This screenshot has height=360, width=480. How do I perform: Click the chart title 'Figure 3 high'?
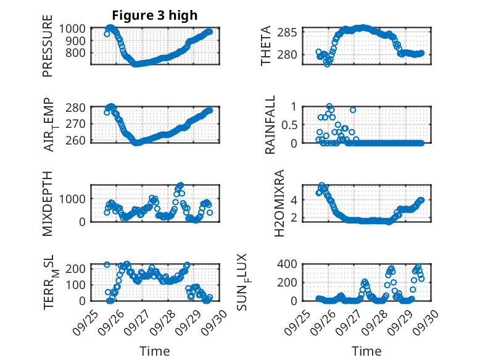[x=155, y=15]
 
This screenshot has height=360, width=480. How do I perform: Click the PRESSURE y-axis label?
[x=48, y=51]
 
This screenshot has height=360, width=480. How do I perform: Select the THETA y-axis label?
[x=266, y=45]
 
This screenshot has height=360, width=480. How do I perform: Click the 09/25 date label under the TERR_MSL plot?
[x=85, y=320]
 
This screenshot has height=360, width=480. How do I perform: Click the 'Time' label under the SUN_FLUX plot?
[x=366, y=351]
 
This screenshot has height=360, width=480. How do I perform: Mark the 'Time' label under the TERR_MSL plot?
[x=155, y=351]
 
